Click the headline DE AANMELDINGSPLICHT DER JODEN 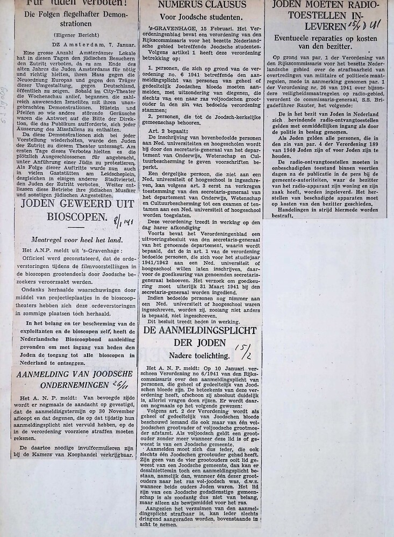[199, 337]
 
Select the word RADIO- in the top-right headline [366, 5]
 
